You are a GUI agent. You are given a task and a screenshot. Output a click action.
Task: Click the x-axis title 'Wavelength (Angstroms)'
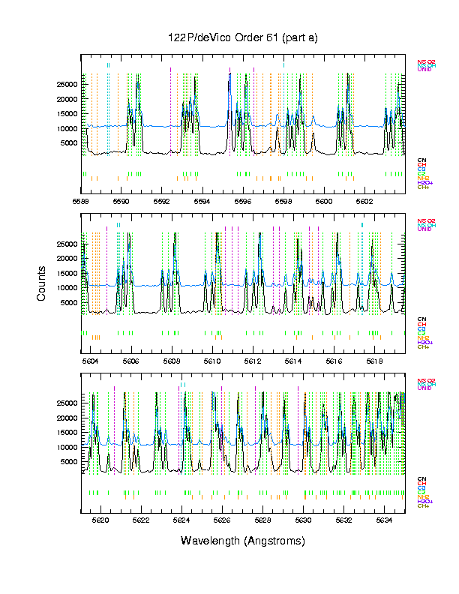click(243, 541)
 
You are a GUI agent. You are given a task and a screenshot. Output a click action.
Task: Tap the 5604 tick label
click(91, 361)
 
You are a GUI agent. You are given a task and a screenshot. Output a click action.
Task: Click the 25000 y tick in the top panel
click(67, 85)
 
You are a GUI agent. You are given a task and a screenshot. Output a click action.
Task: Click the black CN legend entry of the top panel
click(422, 160)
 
